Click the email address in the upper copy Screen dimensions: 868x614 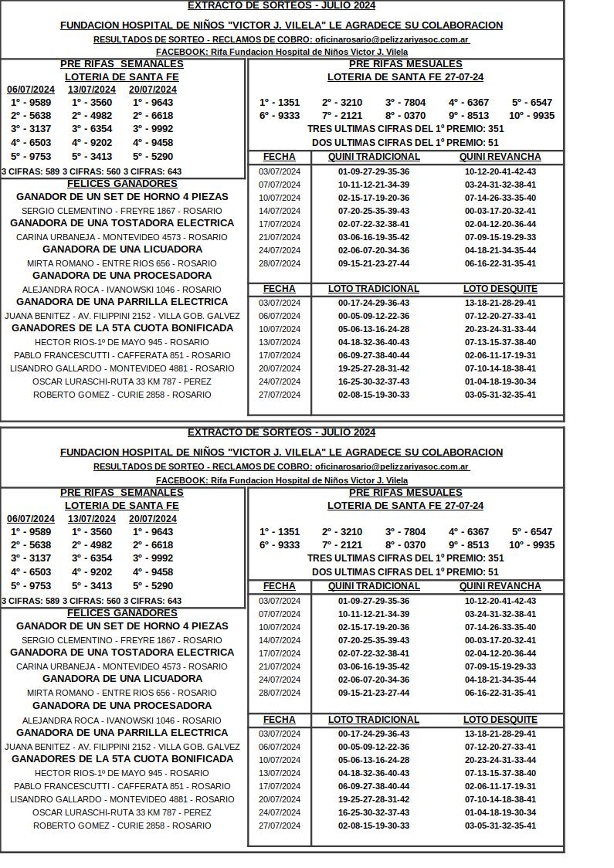coord(392,39)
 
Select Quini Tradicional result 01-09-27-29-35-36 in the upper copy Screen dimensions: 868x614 coord(374,171)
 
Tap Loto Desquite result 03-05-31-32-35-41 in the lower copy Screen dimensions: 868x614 coord(500,826)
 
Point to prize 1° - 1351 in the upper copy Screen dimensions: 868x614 coord(280,103)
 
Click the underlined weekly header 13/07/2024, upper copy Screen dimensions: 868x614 coord(92,90)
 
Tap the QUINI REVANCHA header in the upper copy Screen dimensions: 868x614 coord(500,158)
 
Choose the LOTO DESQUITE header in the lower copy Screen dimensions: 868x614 coord(500,720)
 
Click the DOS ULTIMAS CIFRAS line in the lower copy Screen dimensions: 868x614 coord(405,572)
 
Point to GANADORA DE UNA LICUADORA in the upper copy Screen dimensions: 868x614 coord(122,249)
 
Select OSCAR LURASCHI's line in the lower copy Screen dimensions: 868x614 coord(122,812)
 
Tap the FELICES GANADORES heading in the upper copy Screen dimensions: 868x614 coord(122,184)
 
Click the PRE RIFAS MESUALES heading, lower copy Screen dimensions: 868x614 coord(405,493)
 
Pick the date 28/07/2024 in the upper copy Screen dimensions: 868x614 coord(280,263)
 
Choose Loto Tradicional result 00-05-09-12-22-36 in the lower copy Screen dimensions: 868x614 coord(374,747)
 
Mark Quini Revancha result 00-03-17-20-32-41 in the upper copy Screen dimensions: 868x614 coord(500,211)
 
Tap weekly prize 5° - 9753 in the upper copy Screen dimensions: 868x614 coord(31,156)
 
